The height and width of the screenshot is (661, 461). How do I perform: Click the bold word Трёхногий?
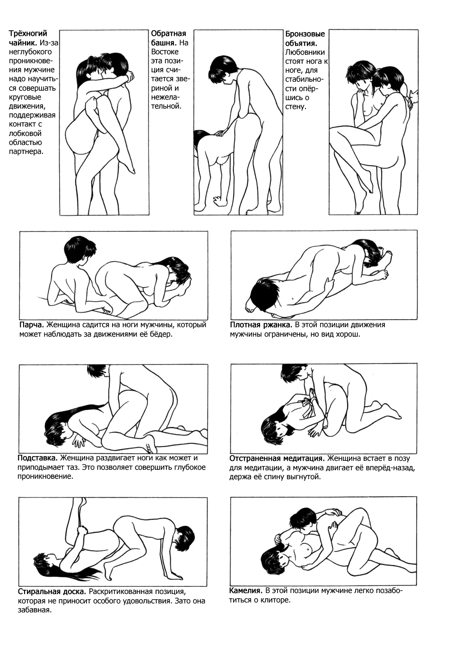[28, 34]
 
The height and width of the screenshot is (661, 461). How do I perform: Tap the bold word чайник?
[23, 43]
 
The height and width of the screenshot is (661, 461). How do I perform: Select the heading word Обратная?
[168, 34]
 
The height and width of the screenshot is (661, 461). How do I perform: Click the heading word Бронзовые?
[305, 34]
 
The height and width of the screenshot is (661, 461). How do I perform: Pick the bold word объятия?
[301, 43]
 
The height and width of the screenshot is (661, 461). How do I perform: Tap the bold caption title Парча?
[32, 325]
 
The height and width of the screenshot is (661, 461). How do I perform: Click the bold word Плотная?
[245, 325]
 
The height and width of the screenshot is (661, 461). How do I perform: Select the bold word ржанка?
[277, 325]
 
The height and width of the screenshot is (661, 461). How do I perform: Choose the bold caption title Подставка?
[37, 458]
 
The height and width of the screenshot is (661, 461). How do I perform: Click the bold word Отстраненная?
[255, 458]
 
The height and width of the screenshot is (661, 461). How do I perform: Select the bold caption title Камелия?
[246, 591]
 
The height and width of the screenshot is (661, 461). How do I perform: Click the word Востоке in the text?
[165, 52]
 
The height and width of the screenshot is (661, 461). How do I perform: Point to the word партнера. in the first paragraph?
[26, 152]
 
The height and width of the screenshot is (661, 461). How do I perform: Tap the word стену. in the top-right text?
[296, 107]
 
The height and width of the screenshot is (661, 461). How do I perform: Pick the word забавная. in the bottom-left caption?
[35, 610]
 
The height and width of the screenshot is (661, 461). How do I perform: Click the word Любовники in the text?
[305, 52]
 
